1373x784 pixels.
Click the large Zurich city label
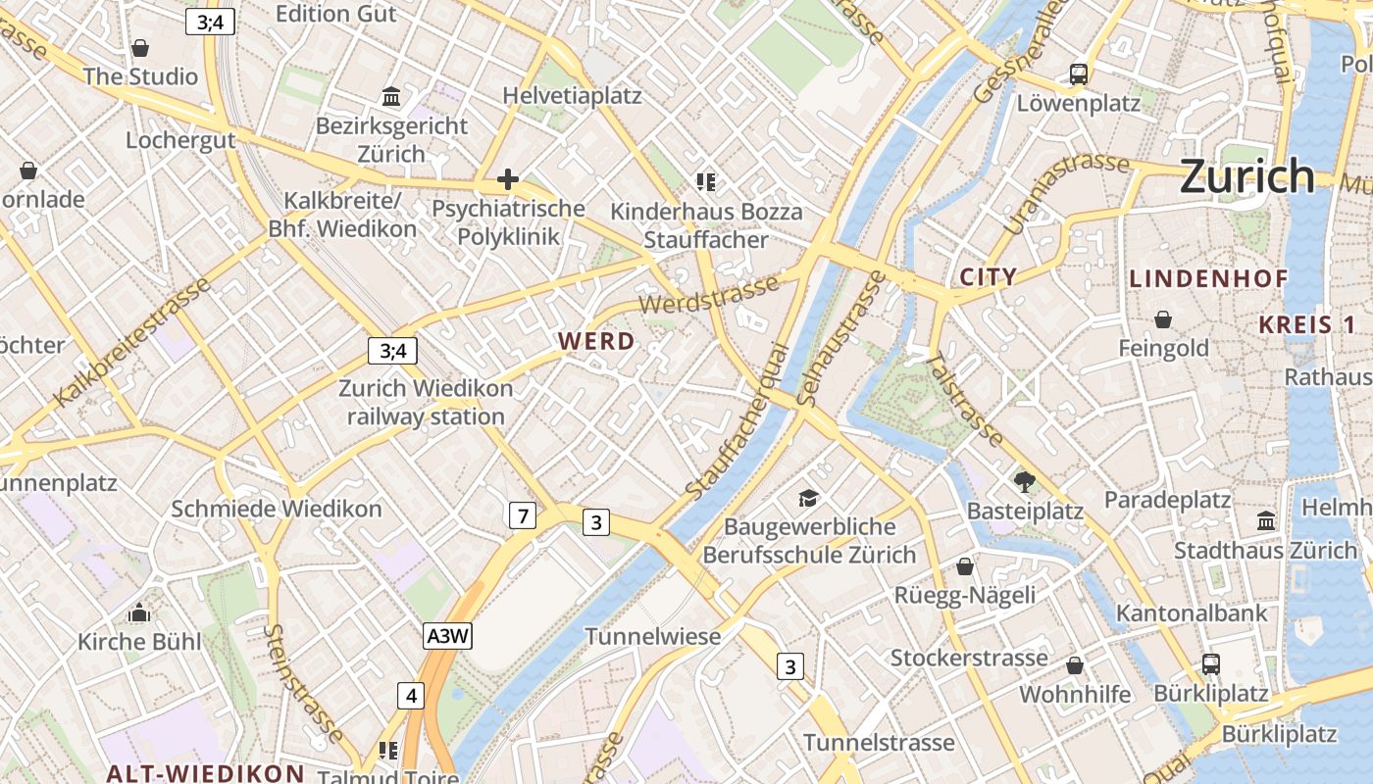(x=1246, y=176)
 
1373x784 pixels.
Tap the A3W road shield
(x=448, y=636)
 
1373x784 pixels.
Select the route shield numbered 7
(x=523, y=514)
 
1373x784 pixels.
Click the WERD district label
(x=596, y=341)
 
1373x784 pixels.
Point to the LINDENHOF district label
(x=1208, y=278)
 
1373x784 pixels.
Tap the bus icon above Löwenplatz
(x=1079, y=73)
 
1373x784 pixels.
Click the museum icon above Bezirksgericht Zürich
(x=392, y=96)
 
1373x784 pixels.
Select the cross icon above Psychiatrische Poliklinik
(x=507, y=178)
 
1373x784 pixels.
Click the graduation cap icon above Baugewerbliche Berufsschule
(x=808, y=498)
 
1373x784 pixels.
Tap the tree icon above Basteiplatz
(x=1025, y=481)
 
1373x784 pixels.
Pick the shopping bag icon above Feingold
(x=1163, y=319)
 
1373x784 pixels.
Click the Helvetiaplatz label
(x=572, y=96)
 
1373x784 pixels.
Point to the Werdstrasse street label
(x=709, y=294)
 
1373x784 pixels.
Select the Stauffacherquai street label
(x=737, y=421)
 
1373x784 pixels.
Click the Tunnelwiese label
(x=653, y=636)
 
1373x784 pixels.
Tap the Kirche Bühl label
(x=139, y=642)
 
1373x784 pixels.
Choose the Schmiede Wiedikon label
(x=277, y=509)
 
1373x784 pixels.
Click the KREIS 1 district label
(x=1307, y=324)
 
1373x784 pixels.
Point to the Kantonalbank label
(x=1192, y=614)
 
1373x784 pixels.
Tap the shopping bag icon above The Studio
(x=140, y=48)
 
